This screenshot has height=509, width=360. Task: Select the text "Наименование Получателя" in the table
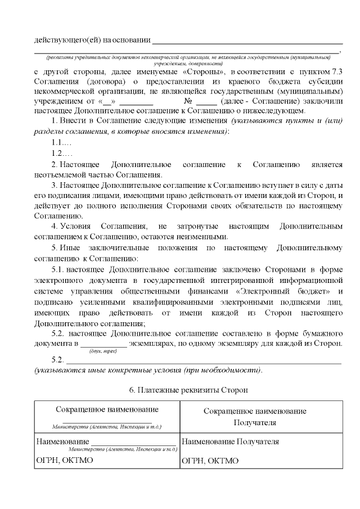231,442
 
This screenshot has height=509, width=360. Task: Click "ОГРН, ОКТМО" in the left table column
64,461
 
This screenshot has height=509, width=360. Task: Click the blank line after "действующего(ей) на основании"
247,40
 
